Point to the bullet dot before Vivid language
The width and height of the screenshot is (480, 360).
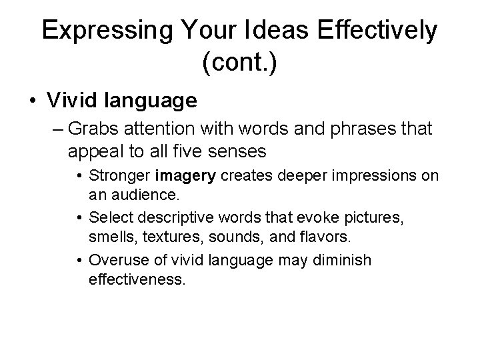(x=32, y=101)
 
